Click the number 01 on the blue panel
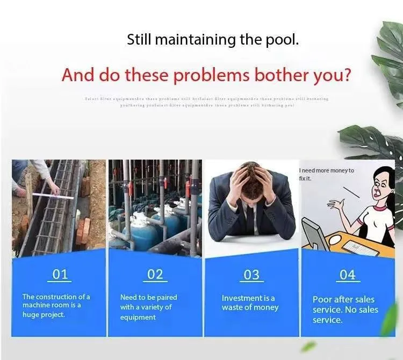pos(60,275)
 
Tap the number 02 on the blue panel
pos(155,275)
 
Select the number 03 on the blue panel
pos(251,275)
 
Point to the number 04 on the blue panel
pos(348,275)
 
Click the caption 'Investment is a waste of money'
pos(250,303)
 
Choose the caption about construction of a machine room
pos(56,305)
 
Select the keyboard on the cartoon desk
pos(361,248)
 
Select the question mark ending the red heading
pos(347,74)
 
